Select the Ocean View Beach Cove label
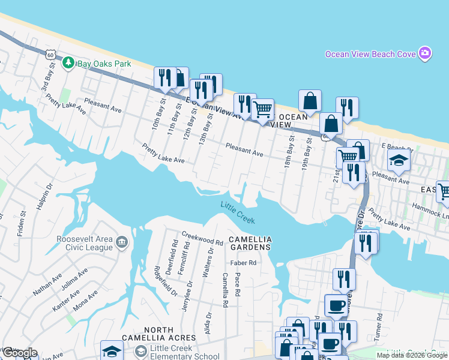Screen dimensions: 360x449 [370, 54]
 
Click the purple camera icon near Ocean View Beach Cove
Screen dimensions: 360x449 [425, 53]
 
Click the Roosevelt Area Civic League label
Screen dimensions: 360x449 [84, 242]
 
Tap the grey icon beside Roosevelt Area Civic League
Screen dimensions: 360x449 [122, 242]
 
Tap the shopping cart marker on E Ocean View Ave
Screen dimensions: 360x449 [262, 110]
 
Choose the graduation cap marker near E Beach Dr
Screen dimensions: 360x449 [397, 160]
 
